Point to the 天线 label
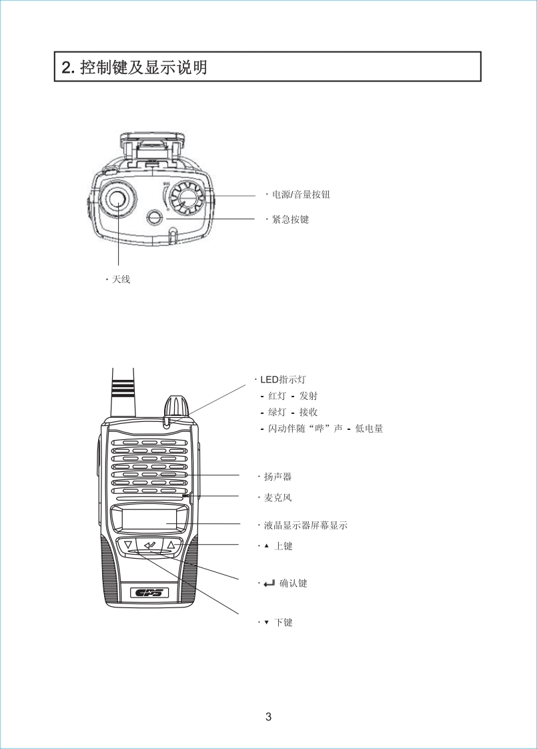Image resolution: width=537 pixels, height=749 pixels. pos(121,279)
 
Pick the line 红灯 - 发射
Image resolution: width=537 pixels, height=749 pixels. pos(293,396)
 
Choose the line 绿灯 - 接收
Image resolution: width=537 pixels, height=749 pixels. pos(293,412)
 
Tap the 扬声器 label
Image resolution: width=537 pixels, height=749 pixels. pos(278,477)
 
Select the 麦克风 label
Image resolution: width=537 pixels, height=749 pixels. pos(278,497)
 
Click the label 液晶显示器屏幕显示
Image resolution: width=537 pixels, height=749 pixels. pos(306,525)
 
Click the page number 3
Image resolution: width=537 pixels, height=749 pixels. pos(268,718)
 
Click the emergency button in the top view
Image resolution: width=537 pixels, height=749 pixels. pos(154,218)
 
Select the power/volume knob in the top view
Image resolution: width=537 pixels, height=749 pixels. pos(186,198)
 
